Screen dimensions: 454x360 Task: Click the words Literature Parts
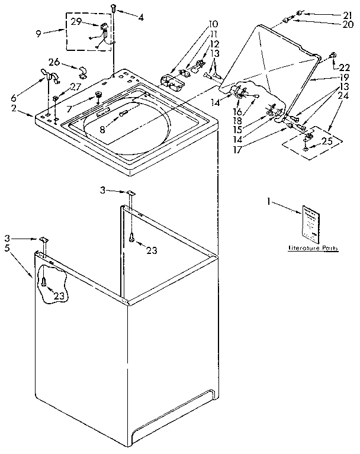pos(313,249)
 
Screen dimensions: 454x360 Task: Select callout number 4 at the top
pos(140,17)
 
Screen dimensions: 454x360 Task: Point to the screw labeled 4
pos(112,8)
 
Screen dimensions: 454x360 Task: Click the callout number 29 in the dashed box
pos(76,21)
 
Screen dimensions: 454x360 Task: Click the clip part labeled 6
pos(47,75)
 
